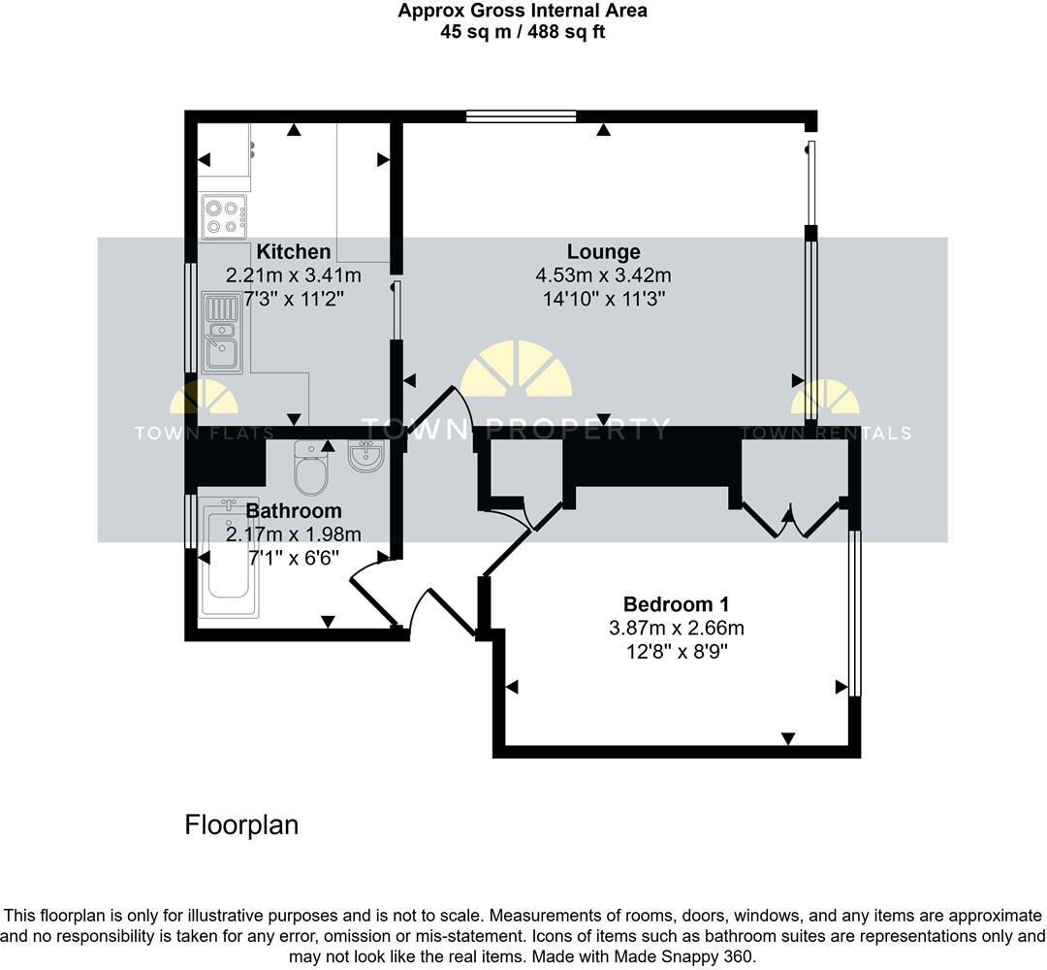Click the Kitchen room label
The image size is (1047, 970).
pos(293,252)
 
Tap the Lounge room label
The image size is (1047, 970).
pos(604,252)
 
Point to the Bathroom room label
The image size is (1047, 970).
pos(293,510)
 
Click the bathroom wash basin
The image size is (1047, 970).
pos(366,457)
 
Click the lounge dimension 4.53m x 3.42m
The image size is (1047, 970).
pos(604,275)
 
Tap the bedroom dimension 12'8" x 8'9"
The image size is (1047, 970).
pos(676,651)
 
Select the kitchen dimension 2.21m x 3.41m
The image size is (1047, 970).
pos(293,275)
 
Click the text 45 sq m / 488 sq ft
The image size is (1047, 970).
pos(523,32)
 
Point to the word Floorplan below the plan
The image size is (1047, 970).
pos(241,825)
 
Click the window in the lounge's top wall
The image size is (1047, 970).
pos(521,116)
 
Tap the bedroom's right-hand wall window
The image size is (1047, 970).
pos(853,613)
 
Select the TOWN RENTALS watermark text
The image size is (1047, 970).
pos(825,434)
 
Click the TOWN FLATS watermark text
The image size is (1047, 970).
pos(204,434)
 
